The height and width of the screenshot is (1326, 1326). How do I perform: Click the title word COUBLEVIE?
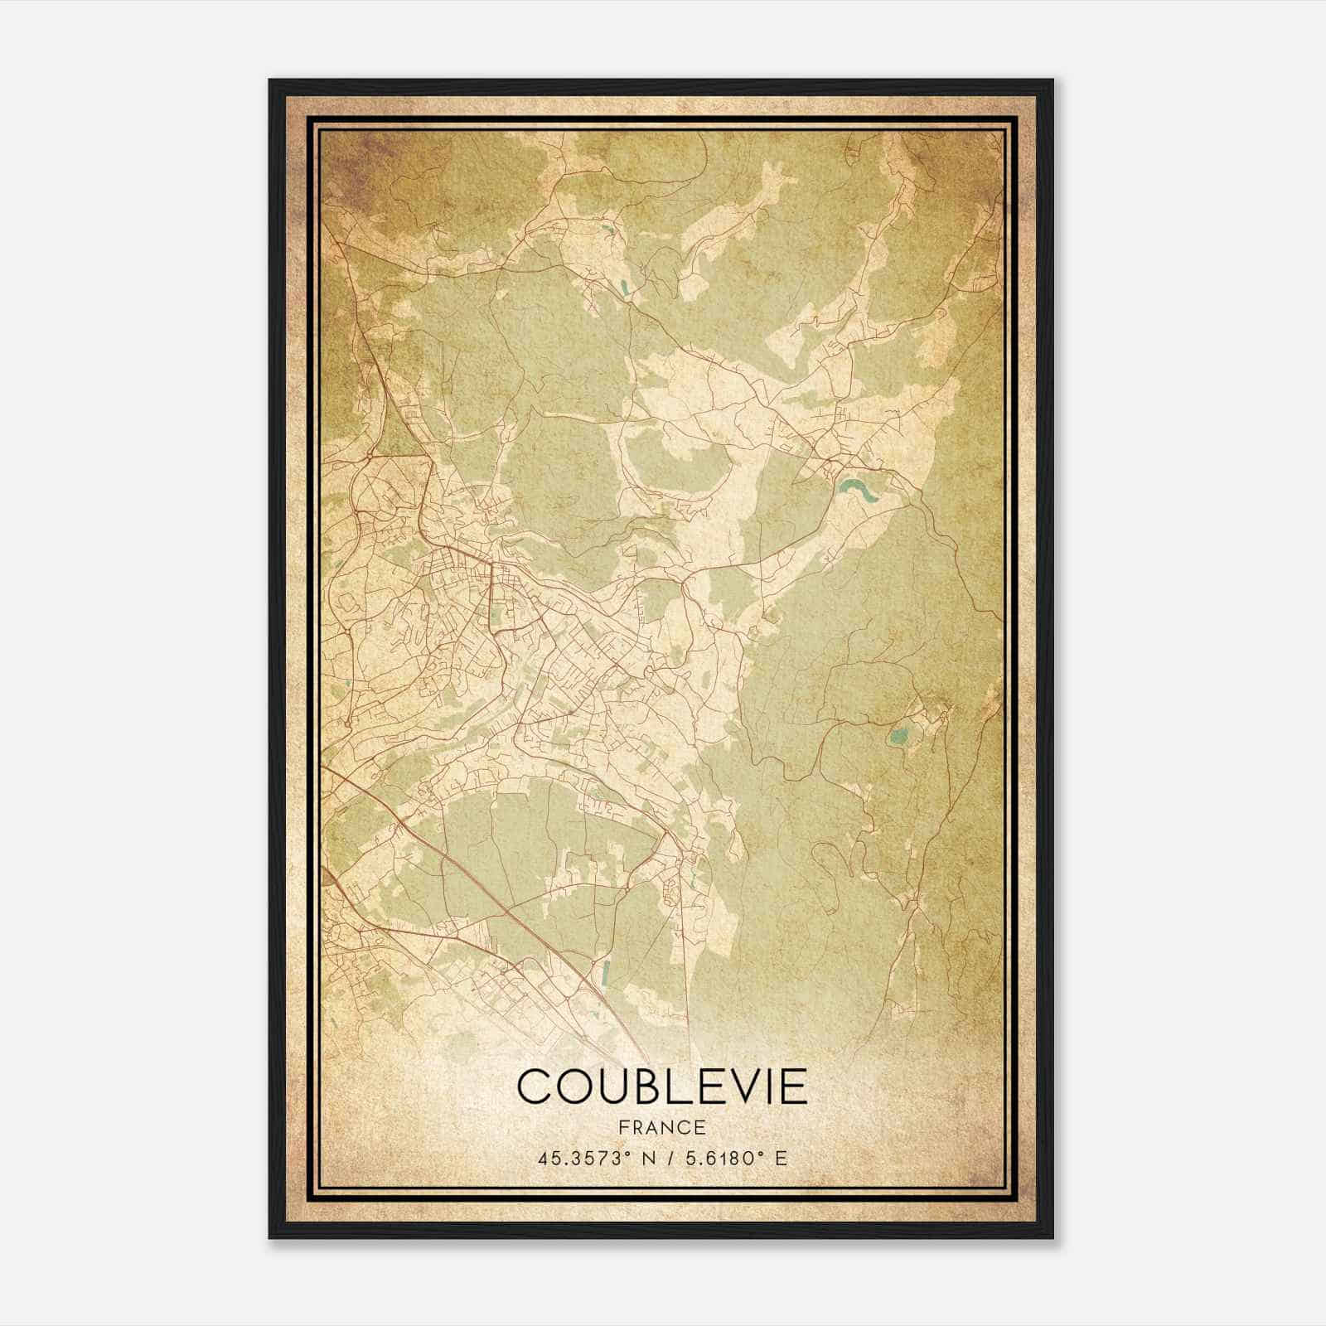pyautogui.click(x=661, y=1086)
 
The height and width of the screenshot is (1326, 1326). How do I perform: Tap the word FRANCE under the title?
pyautogui.click(x=661, y=1128)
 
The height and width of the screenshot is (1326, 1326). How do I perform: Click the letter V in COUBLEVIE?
pyautogui.click(x=740, y=1086)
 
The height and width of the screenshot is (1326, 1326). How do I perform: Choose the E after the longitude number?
pyautogui.click(x=781, y=1159)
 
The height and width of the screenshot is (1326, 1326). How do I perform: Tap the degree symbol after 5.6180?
pyautogui.click(x=761, y=1154)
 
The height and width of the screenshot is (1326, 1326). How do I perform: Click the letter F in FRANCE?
pyautogui.click(x=622, y=1128)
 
